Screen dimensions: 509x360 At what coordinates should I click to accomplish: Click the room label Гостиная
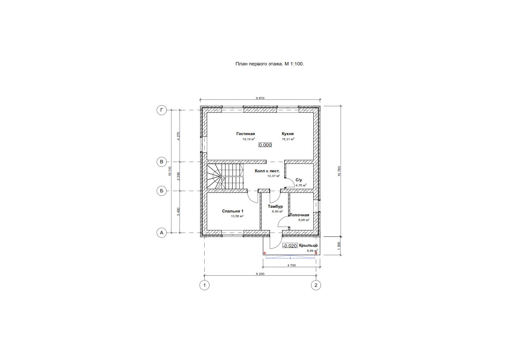pyautogui.click(x=245, y=133)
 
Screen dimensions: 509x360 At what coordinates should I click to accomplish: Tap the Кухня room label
pyautogui.click(x=288, y=133)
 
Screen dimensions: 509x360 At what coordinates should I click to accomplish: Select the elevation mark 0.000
pyautogui.click(x=265, y=145)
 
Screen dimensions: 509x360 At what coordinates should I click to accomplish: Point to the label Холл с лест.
pyautogui.click(x=267, y=171)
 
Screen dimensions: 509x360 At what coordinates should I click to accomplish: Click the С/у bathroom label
pyautogui.click(x=299, y=180)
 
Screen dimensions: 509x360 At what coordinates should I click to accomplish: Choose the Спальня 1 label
pyautogui.click(x=232, y=211)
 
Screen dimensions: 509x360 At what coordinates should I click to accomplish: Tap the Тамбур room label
pyautogui.click(x=275, y=207)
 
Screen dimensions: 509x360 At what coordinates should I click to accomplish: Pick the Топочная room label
pyautogui.click(x=300, y=215)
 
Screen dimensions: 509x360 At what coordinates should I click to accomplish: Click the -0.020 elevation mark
pyautogui.click(x=290, y=246)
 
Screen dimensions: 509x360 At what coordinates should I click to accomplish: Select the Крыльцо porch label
pyautogui.click(x=309, y=245)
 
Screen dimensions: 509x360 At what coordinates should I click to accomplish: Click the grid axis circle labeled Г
pyautogui.click(x=162, y=110)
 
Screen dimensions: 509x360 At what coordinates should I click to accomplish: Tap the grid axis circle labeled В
pyautogui.click(x=162, y=162)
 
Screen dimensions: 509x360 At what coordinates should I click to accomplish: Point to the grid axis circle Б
pyautogui.click(x=162, y=191)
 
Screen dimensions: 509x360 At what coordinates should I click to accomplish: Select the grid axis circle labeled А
pyautogui.click(x=162, y=233)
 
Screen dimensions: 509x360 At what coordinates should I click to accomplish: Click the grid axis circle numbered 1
pyautogui.click(x=205, y=285)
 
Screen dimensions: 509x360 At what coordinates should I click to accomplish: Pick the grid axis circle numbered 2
pyautogui.click(x=316, y=285)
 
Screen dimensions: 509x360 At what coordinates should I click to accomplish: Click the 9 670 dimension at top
pyautogui.click(x=260, y=98)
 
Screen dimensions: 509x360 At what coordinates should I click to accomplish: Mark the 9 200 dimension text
pyautogui.click(x=260, y=273)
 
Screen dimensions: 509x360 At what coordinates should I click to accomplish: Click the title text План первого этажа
pyautogui.click(x=269, y=64)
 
